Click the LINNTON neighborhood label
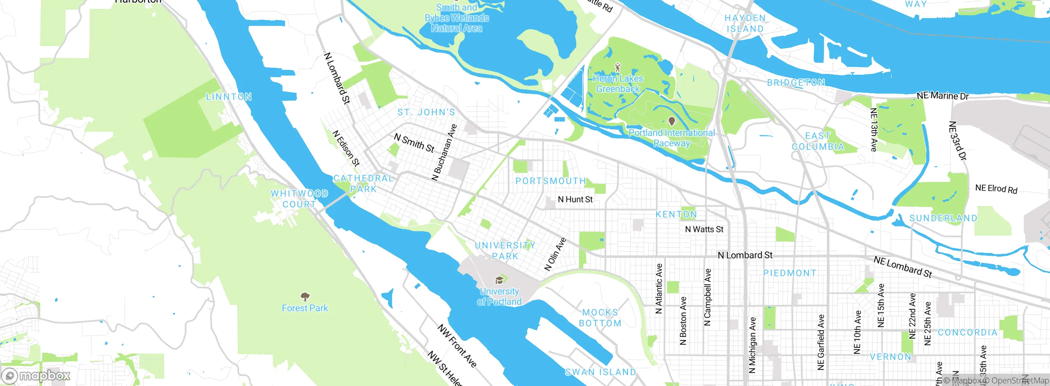pos(228,97)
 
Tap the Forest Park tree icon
pos(305,296)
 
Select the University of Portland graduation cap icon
pos(499,280)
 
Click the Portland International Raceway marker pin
pos(672,121)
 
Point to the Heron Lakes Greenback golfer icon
pos(618,67)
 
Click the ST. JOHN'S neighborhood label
pos(426,112)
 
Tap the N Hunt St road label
pos(575,200)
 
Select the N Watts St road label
pos(704,230)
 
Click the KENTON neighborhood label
pos(676,214)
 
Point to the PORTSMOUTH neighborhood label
pos(551,181)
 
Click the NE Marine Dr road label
pos(942,96)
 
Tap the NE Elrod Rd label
pos(996,189)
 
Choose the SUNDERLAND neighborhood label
pos(943,218)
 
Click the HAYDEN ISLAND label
pos(745,23)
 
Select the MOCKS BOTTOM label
pos(600,318)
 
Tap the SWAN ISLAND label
pos(600,372)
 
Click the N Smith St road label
pos(414,143)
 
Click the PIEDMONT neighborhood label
pos(790,273)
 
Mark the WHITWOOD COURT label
pos(299,199)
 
